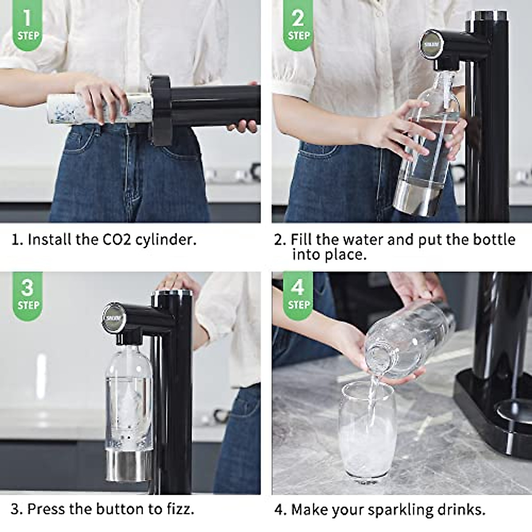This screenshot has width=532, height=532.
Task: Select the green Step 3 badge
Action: [28, 294]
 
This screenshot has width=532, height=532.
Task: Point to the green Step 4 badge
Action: [298, 294]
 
